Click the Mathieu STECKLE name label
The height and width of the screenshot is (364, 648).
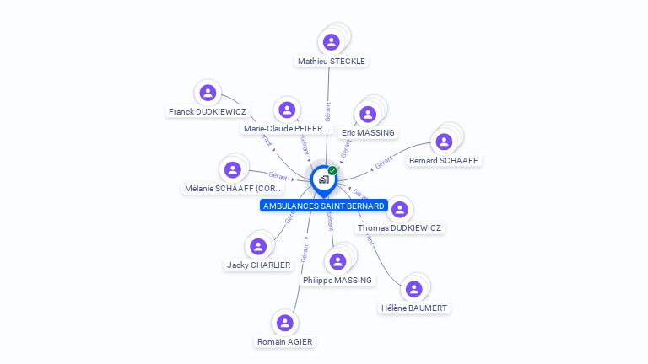[x=332, y=61]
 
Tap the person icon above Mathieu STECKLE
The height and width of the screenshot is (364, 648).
[x=332, y=41]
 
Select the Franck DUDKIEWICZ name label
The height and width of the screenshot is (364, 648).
[x=207, y=111]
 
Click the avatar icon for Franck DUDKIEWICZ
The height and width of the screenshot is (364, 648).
[x=208, y=93]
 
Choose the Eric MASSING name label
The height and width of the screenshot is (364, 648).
[x=368, y=132]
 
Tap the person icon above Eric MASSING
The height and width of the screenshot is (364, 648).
[x=368, y=114]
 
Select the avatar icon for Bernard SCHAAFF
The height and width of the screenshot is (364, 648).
[x=445, y=142]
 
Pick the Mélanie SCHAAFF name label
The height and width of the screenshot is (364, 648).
[x=233, y=189]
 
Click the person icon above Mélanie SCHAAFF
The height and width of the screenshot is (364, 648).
[x=233, y=169]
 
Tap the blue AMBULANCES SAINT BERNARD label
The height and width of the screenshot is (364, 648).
[x=324, y=206]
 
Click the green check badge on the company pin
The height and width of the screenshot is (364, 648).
[x=332, y=170]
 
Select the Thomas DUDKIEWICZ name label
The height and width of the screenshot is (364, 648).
[x=399, y=228]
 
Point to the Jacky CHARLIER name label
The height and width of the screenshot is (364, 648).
[x=258, y=265]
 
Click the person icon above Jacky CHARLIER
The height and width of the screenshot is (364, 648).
[x=258, y=246]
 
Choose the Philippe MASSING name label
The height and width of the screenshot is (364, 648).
[x=337, y=280]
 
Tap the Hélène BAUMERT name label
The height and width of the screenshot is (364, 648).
[x=413, y=308]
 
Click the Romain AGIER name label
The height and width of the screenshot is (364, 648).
[x=284, y=341]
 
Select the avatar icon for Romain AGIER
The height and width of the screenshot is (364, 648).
[x=284, y=323]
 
